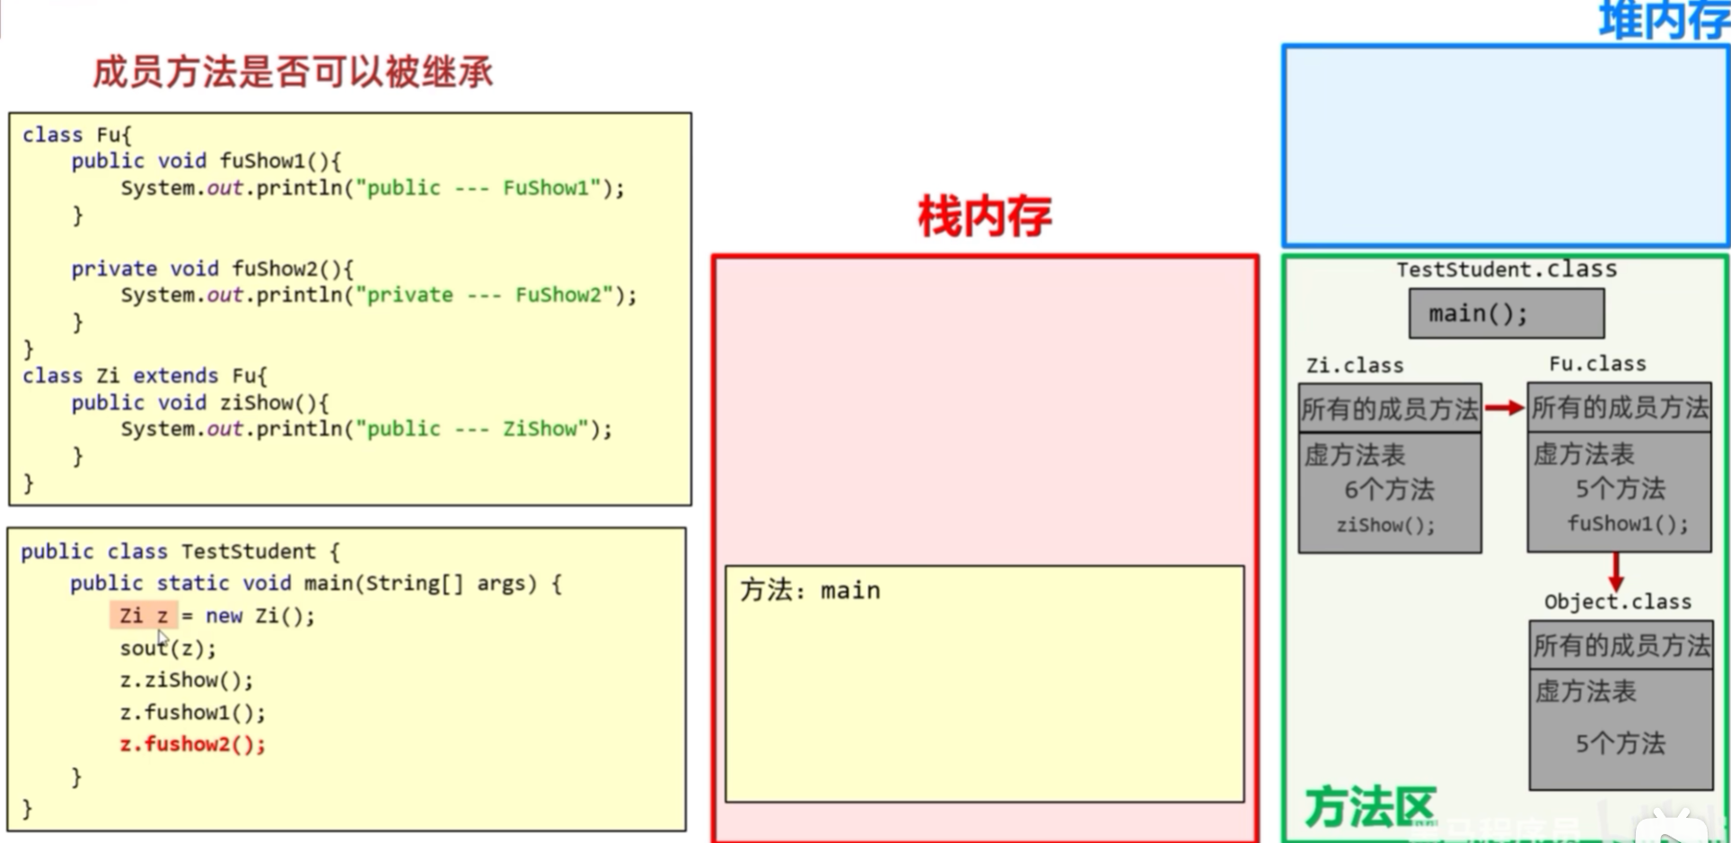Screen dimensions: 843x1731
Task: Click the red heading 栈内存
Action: (984, 217)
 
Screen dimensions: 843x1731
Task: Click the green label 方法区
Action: (1369, 806)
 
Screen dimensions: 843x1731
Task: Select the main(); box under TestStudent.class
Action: (1506, 313)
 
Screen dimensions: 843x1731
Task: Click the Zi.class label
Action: (1354, 365)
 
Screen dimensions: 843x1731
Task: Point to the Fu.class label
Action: (1597, 364)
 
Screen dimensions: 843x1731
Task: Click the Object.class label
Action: (1617, 602)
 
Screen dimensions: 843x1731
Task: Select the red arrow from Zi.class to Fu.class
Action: (1504, 408)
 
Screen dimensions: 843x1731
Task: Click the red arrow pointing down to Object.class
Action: (1616, 571)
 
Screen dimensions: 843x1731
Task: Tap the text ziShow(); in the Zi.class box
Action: (1385, 525)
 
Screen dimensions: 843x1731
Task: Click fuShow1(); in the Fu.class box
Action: (1627, 523)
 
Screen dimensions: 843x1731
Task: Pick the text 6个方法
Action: (1389, 490)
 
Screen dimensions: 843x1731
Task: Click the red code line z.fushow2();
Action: (192, 744)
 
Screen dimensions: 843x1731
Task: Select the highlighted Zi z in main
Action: (144, 616)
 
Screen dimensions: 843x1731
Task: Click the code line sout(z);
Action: (168, 648)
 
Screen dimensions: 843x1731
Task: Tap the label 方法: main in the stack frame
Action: (810, 591)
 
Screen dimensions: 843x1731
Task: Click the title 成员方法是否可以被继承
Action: (293, 72)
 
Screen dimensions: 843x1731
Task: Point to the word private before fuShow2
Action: (114, 268)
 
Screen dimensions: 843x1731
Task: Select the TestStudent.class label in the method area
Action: (1506, 269)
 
